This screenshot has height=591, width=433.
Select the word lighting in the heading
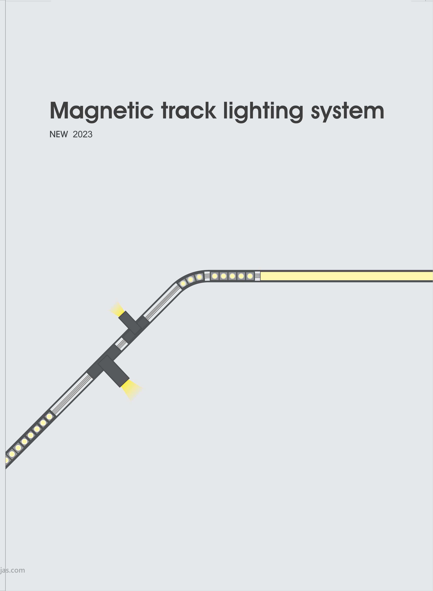tap(263, 111)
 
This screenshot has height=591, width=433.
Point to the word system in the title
tap(347, 111)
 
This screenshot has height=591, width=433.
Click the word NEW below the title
tap(59, 134)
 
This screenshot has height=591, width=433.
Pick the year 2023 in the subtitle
tap(83, 134)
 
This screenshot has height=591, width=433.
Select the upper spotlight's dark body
tap(130, 323)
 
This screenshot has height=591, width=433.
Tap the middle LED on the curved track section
tap(191, 279)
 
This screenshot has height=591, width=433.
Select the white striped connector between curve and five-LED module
tap(207, 276)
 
